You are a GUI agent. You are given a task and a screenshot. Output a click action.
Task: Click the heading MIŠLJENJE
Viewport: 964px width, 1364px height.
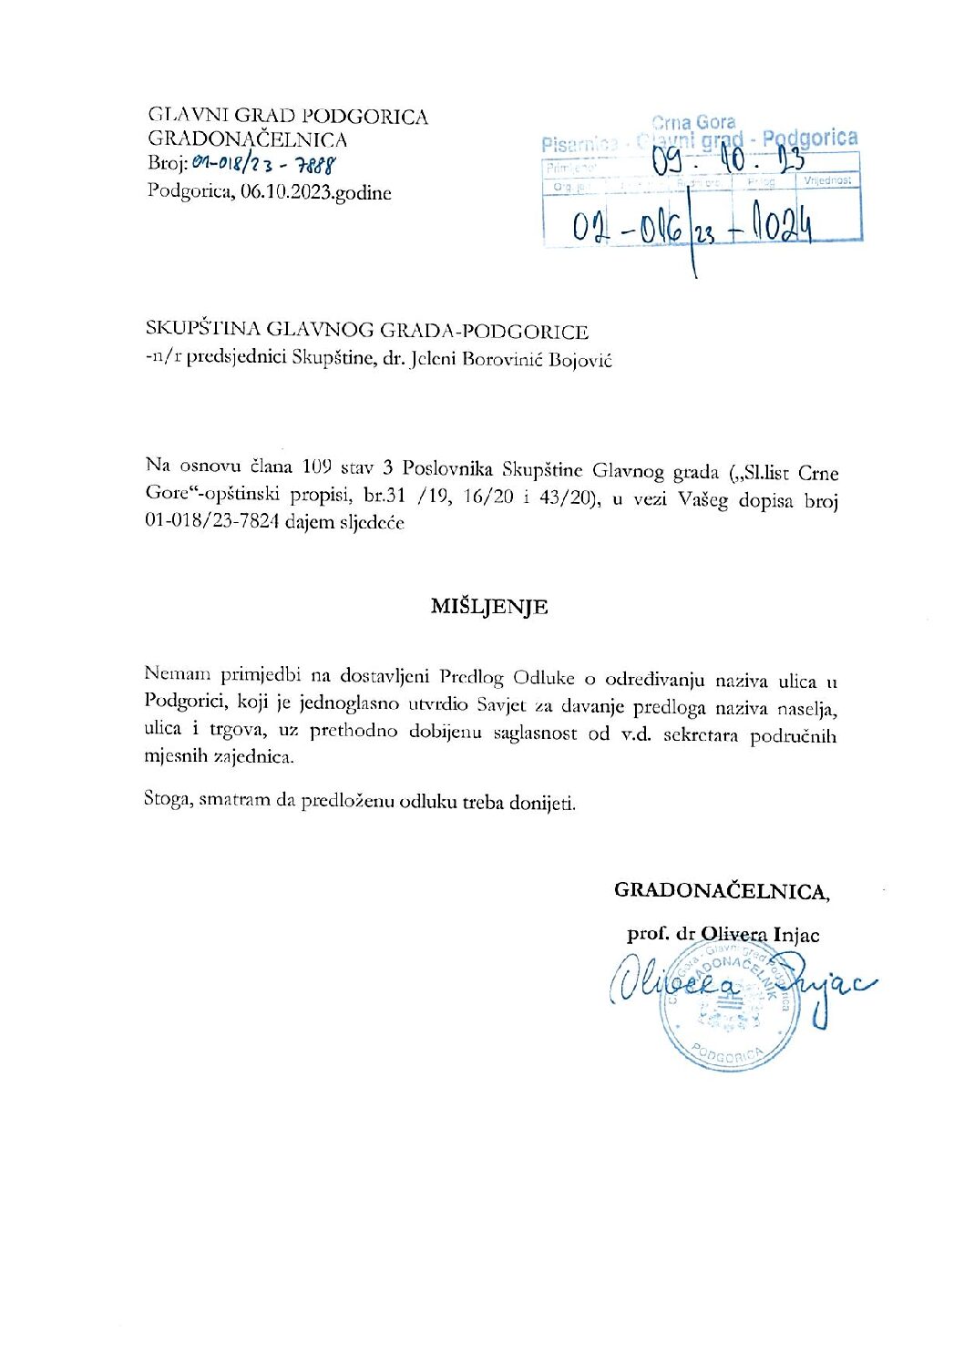[489, 607]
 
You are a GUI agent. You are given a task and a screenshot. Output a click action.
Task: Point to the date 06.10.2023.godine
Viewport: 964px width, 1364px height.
[316, 192]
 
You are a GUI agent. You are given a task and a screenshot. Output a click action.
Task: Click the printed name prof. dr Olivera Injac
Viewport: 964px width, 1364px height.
[723, 934]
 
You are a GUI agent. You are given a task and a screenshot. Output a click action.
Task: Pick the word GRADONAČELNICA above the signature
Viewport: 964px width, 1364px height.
[721, 891]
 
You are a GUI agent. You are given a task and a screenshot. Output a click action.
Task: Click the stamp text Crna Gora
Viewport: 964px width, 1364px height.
[693, 122]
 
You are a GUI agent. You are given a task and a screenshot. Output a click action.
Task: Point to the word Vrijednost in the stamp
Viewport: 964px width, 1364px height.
[828, 180]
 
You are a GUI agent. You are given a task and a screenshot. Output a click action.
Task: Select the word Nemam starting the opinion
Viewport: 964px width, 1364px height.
[178, 673]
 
